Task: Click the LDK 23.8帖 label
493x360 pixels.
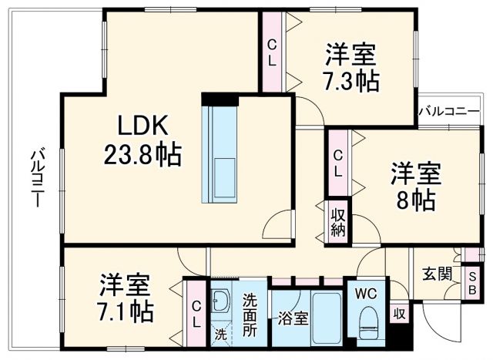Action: (143, 141)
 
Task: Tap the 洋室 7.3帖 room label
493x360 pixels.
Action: (350, 67)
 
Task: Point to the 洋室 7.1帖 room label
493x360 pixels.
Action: (126, 299)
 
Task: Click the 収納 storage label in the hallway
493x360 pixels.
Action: (338, 222)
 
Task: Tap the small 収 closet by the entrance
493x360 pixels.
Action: (398, 314)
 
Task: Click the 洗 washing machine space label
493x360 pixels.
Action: (221, 335)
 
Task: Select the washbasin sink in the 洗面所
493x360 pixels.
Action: (221, 303)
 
